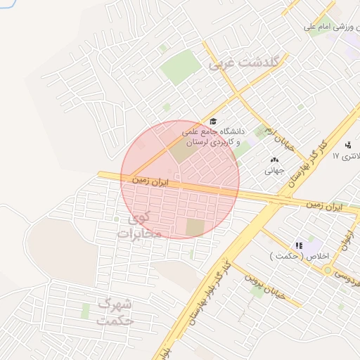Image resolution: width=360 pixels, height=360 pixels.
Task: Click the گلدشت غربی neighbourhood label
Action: tap(244, 63)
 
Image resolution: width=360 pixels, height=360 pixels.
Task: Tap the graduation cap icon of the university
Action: tap(214, 122)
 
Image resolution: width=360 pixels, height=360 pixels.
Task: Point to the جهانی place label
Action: tap(274, 170)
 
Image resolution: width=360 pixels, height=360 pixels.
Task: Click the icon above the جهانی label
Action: tap(274, 160)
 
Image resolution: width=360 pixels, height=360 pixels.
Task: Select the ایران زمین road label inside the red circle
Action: tap(150, 181)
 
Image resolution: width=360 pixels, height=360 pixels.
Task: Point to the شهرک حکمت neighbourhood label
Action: tap(117, 311)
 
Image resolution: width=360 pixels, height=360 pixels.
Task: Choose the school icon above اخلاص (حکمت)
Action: tap(299, 246)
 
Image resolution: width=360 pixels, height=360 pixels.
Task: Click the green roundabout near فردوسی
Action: tap(328, 270)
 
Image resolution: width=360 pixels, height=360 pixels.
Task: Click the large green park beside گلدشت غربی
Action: tap(181, 67)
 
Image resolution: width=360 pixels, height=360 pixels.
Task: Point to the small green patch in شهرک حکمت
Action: tap(85, 310)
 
